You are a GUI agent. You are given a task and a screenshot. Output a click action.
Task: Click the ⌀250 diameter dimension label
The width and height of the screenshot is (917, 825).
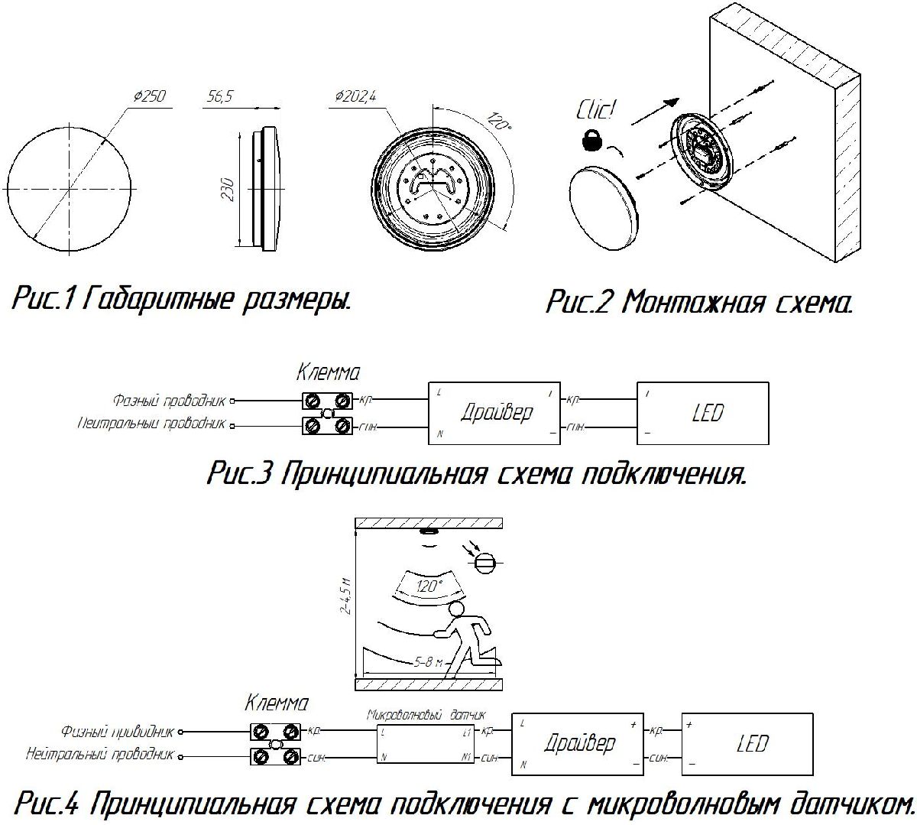tap(149, 96)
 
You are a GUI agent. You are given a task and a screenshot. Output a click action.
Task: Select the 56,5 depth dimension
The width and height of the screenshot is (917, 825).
tap(220, 96)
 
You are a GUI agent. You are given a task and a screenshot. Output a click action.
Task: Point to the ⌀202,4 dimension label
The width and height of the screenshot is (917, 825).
tap(356, 96)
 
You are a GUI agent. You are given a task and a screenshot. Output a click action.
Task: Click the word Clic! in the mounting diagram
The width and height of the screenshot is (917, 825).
tap(595, 109)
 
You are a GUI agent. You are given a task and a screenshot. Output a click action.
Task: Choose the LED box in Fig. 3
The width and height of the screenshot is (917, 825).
tap(702, 413)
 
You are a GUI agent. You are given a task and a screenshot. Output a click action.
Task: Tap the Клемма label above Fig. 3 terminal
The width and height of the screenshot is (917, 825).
tap(327, 373)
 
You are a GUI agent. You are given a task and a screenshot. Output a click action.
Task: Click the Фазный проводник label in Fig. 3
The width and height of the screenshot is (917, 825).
tap(170, 400)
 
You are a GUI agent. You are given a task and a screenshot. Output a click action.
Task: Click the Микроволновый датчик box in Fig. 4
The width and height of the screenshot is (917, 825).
tap(426, 744)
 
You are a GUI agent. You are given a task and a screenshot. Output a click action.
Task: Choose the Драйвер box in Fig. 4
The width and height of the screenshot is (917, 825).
tap(578, 743)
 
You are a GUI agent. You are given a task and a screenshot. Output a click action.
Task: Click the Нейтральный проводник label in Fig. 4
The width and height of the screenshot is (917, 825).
tap(99, 755)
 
